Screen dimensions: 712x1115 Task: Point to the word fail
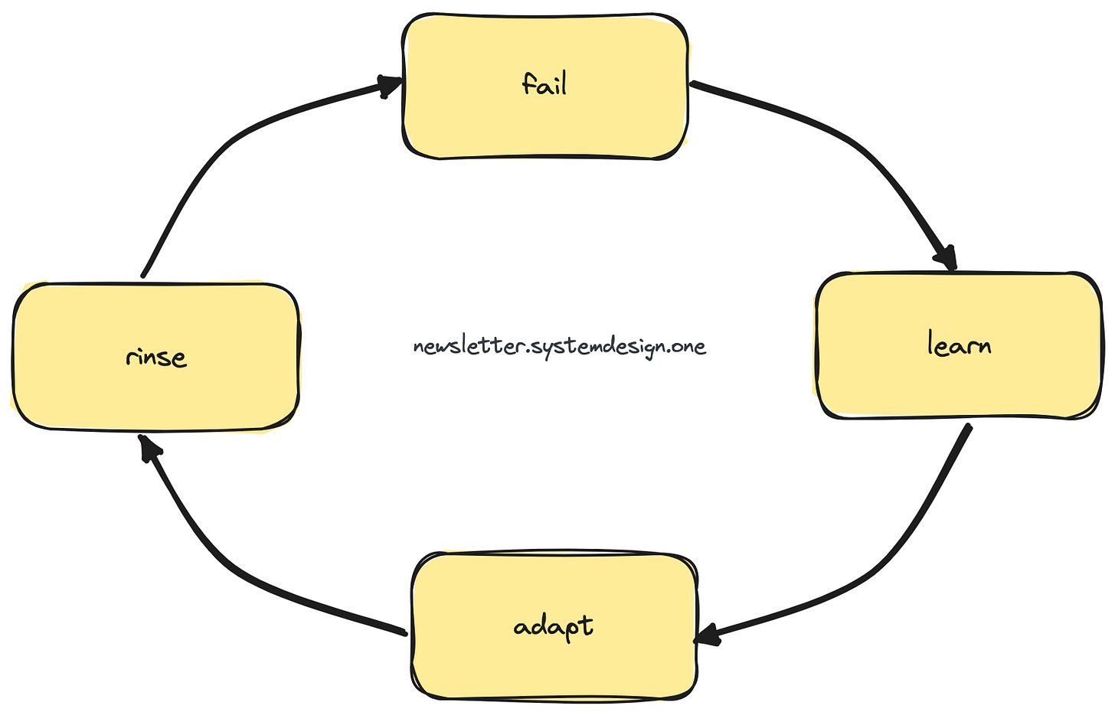coord(544,83)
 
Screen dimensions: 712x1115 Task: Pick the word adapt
coord(553,627)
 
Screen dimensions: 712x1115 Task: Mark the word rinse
coord(156,357)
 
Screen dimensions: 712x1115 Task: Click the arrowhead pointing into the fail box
coord(391,85)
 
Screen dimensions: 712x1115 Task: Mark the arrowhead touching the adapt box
coord(708,635)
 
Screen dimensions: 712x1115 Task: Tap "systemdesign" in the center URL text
coord(597,348)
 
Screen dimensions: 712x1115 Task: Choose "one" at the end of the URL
coord(688,347)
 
